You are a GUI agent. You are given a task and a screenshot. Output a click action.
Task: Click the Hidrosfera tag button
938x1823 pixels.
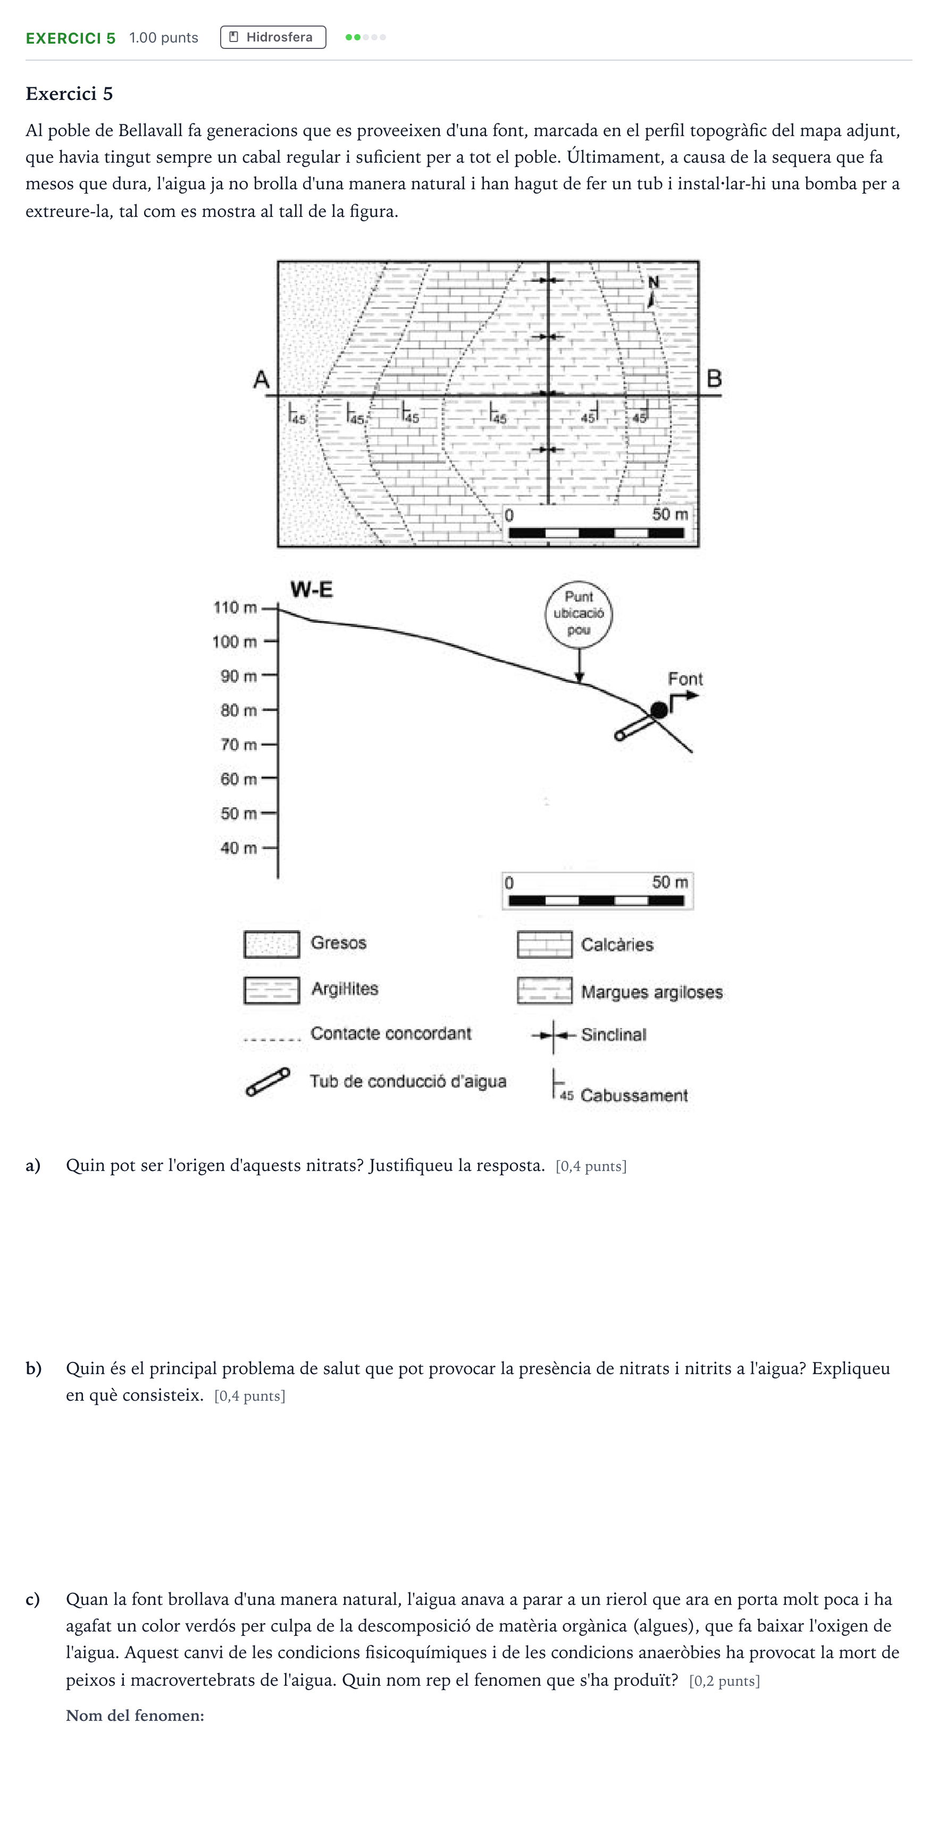[x=273, y=38]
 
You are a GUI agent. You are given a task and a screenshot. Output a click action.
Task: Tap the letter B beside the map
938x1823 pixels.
[x=714, y=379]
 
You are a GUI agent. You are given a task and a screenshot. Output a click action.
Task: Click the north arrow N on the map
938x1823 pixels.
[x=652, y=291]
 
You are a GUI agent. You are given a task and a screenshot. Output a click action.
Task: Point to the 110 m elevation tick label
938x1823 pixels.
[x=235, y=607]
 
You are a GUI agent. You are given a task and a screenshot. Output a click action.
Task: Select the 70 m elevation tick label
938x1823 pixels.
[x=238, y=745]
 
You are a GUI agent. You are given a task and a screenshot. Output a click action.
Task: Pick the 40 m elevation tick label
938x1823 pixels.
[x=238, y=848]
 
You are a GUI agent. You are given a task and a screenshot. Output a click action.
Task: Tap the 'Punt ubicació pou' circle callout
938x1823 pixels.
[x=579, y=614]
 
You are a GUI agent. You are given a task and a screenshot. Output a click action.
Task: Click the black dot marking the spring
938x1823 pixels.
[x=659, y=709]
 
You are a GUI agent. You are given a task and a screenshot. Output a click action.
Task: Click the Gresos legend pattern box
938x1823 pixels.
[x=272, y=944]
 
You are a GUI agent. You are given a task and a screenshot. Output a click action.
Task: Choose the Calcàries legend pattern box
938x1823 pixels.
[x=545, y=945]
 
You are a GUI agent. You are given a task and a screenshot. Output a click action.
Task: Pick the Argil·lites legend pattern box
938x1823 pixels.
[x=272, y=990]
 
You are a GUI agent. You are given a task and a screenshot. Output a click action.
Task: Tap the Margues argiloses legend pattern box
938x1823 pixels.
[x=545, y=991]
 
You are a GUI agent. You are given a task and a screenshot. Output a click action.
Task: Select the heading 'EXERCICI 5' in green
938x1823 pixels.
[x=71, y=38]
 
